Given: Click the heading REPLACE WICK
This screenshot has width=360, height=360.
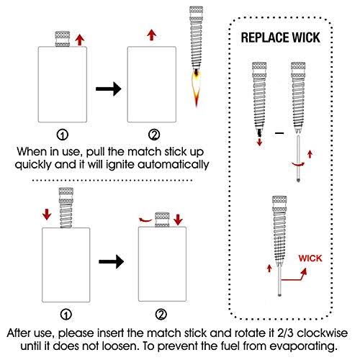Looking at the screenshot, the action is tap(280, 37).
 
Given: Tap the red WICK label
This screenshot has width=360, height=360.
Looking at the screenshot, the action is tap(310, 258).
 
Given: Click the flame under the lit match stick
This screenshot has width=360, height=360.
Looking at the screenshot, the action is tap(197, 89).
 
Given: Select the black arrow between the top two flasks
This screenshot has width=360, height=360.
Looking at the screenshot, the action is tap(109, 89).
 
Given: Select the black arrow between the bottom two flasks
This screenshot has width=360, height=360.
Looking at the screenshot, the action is tap(112, 261).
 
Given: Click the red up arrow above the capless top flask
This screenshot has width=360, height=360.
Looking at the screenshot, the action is tap(151, 35).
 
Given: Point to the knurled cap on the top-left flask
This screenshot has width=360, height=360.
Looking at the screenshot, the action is tap(63, 39).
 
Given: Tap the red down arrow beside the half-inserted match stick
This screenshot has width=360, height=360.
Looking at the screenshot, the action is tap(47, 214).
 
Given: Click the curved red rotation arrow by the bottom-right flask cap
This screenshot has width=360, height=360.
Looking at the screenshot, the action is tap(145, 220).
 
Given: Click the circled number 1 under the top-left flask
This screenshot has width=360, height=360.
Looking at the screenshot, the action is tap(63, 135).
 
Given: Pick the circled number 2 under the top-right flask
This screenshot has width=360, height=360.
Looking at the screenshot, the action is tap(154, 135).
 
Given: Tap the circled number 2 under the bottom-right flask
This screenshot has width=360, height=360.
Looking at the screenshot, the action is tap(161, 315).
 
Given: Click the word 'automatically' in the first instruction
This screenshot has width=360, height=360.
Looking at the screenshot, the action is tap(174, 165).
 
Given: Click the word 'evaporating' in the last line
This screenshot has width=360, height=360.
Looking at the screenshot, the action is tap(303, 346).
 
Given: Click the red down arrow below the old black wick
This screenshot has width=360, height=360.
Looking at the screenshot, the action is tap(259, 142).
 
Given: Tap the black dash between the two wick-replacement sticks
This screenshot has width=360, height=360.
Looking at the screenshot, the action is tap(279, 132).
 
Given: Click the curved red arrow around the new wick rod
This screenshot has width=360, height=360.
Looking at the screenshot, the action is tap(298, 164).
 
